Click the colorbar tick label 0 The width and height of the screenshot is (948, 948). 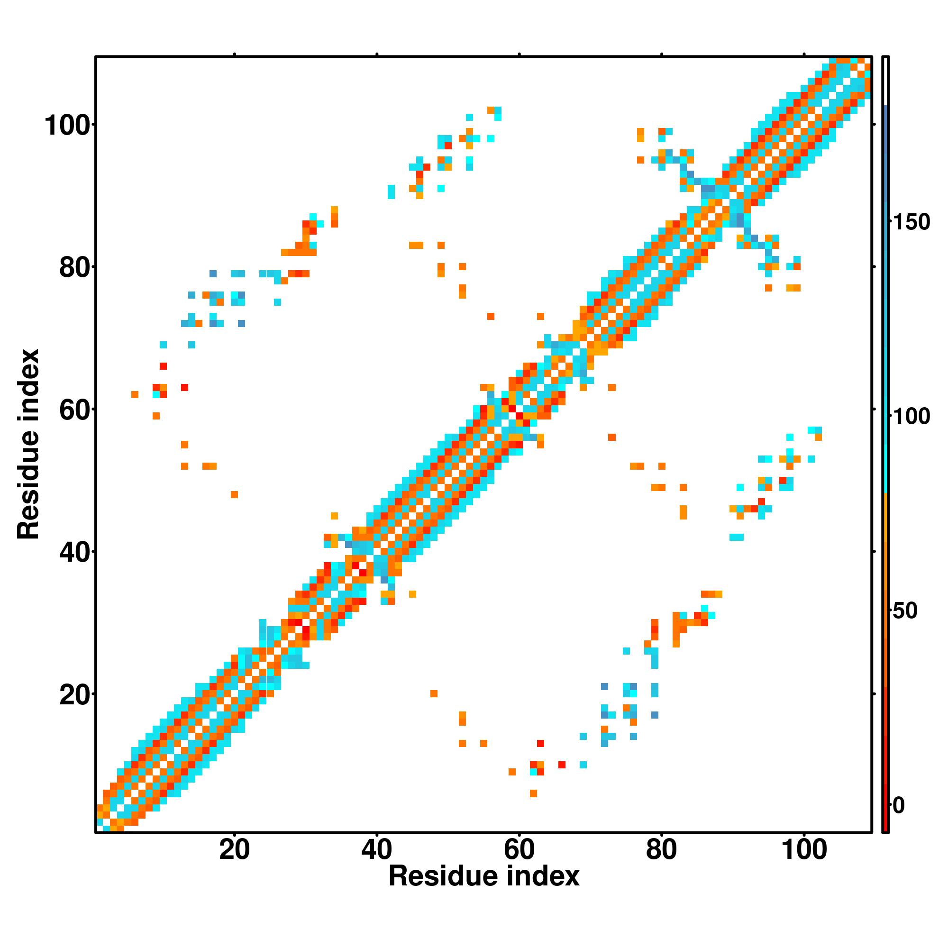pos(898,805)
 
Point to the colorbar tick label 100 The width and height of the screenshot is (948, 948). pos(911,417)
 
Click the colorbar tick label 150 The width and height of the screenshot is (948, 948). pos(911,222)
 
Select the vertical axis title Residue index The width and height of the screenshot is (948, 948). pos(28,444)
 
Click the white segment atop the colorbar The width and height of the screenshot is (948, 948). pos(886,81)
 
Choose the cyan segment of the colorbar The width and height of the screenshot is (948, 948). pos(886,442)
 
